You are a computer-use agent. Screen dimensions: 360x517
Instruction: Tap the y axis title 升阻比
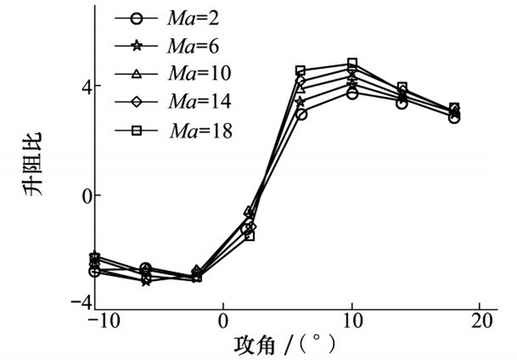(x=33, y=164)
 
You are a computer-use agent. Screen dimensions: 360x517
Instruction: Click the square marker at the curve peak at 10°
(x=352, y=63)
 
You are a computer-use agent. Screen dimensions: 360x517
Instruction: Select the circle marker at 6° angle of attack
(x=301, y=114)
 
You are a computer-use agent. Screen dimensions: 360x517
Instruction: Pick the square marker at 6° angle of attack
(x=301, y=70)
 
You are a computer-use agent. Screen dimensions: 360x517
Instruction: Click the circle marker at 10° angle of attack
(x=352, y=94)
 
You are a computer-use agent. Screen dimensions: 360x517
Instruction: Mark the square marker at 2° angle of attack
(x=250, y=236)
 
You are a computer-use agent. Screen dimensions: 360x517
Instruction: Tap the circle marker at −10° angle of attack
(x=95, y=272)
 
